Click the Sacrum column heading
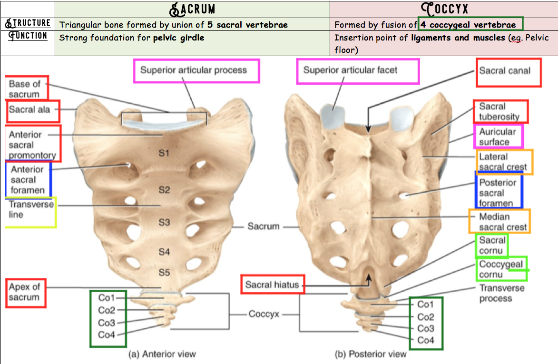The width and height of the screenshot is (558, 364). coord(193,9)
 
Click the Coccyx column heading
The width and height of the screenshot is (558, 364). coord(444,9)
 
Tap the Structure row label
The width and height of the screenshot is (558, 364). coord(28,23)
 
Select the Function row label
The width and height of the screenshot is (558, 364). coord(28,36)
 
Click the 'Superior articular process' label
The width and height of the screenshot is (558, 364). coord(194,70)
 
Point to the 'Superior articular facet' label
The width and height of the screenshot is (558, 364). coord(350,70)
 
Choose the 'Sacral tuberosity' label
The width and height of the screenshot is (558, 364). coord(499,112)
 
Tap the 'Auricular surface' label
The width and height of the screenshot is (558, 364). coord(498,137)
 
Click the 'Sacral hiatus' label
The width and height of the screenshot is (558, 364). coord(272,285)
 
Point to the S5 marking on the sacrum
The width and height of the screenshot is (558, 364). coord(164,273)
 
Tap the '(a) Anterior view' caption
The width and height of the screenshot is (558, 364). coord(162,354)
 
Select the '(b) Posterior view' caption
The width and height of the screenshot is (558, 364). coord(372,354)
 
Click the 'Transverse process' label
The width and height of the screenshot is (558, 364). coord(501,293)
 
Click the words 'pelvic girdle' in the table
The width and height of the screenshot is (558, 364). coord(178,38)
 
